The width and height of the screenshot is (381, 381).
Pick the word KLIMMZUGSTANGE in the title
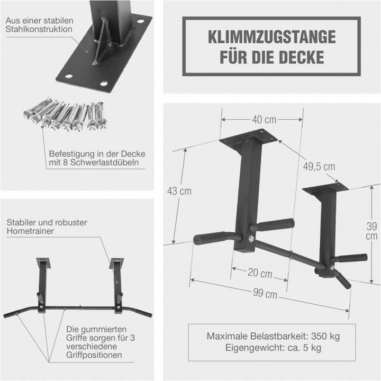pyautogui.click(x=271, y=37)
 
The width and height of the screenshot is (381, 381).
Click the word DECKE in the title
pyautogui.click(x=302, y=57)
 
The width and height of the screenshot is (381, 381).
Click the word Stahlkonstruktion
pyautogui.click(x=39, y=30)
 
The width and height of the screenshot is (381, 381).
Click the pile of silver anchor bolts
pyautogui.click(x=63, y=115)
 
